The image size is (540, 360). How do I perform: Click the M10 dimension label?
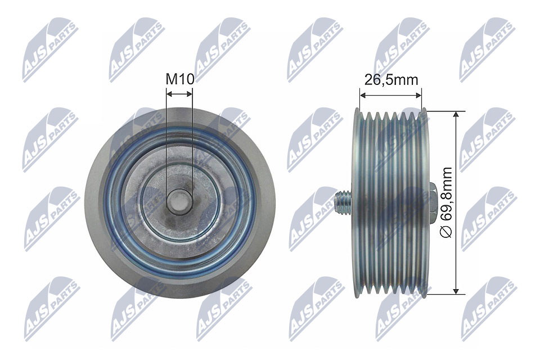(x=180, y=79)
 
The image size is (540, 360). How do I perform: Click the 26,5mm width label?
(x=391, y=79)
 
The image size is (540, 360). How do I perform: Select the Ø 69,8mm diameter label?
(x=447, y=202)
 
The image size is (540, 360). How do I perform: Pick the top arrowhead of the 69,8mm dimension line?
(x=456, y=115)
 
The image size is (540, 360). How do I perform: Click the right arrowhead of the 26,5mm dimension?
(x=417, y=94)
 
